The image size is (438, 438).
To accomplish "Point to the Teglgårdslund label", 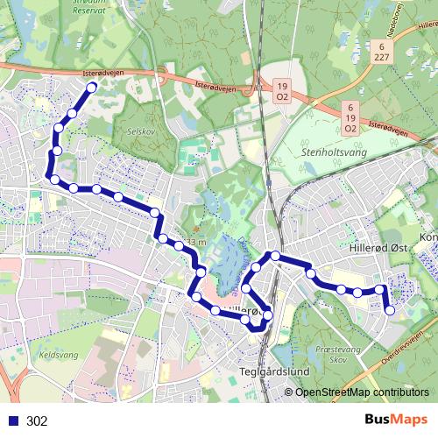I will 274,371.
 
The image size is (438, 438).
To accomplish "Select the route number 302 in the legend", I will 37,421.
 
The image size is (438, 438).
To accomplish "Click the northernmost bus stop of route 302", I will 90,88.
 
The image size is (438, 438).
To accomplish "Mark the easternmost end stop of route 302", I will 390,309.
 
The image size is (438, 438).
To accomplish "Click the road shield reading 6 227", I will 382,50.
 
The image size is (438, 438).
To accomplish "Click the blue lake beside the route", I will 226,267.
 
